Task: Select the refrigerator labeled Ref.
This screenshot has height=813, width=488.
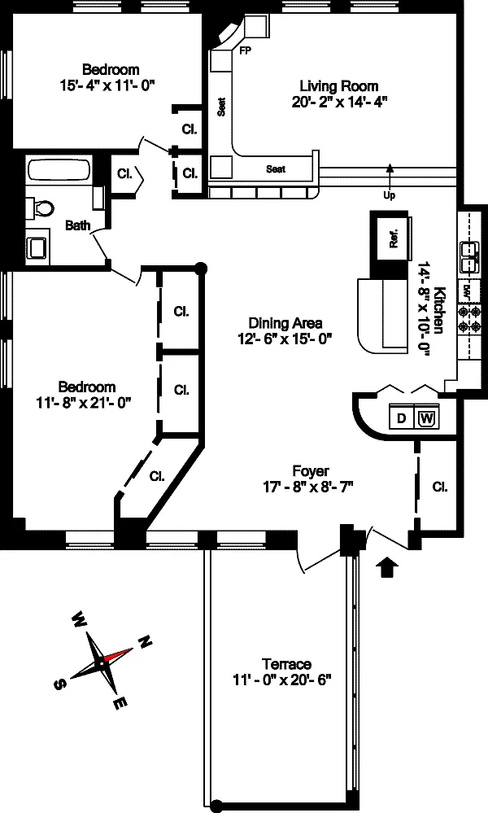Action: coord(393,238)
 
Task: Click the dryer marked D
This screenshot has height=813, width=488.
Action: coord(401,417)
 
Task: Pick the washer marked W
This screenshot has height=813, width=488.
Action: coord(426,417)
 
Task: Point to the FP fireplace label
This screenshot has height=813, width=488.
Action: coord(245,50)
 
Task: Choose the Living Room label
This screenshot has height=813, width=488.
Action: coord(339,86)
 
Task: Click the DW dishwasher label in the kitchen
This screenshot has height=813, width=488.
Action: coord(466,291)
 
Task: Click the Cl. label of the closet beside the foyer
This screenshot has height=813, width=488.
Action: coord(440,487)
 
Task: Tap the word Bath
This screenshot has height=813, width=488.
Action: coord(78,225)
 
